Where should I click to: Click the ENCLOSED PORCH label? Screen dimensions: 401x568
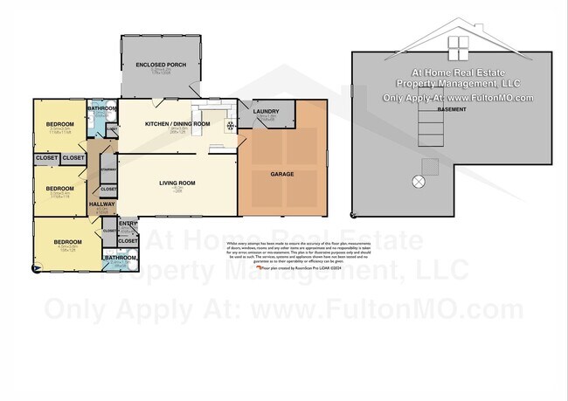coord(160,66)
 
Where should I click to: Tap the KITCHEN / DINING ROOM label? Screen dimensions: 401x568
coord(178,124)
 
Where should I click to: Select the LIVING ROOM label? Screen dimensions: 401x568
coord(177,183)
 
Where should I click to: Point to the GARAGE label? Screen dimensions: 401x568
coord(281,174)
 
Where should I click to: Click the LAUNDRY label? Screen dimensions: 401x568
coord(266,112)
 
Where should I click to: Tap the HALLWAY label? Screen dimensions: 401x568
coord(102,204)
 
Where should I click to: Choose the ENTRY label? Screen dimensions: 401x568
coord(128,224)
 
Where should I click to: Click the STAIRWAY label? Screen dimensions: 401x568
coord(108,169)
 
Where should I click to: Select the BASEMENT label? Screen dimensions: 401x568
coord(451,110)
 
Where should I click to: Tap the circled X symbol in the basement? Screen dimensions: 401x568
coord(419,182)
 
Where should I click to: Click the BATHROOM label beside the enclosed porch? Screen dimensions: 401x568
coord(102,109)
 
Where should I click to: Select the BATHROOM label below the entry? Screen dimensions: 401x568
coord(120,258)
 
